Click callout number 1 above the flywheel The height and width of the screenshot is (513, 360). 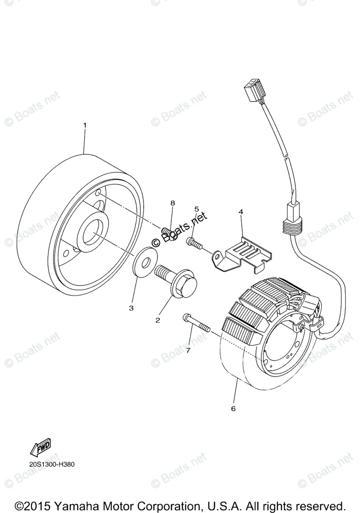(x=85, y=125)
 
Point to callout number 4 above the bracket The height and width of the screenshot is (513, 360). (x=241, y=212)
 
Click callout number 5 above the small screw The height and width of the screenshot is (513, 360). (x=197, y=209)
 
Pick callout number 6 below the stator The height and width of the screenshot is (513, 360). (x=233, y=408)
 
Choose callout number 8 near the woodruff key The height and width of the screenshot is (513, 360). (x=173, y=202)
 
